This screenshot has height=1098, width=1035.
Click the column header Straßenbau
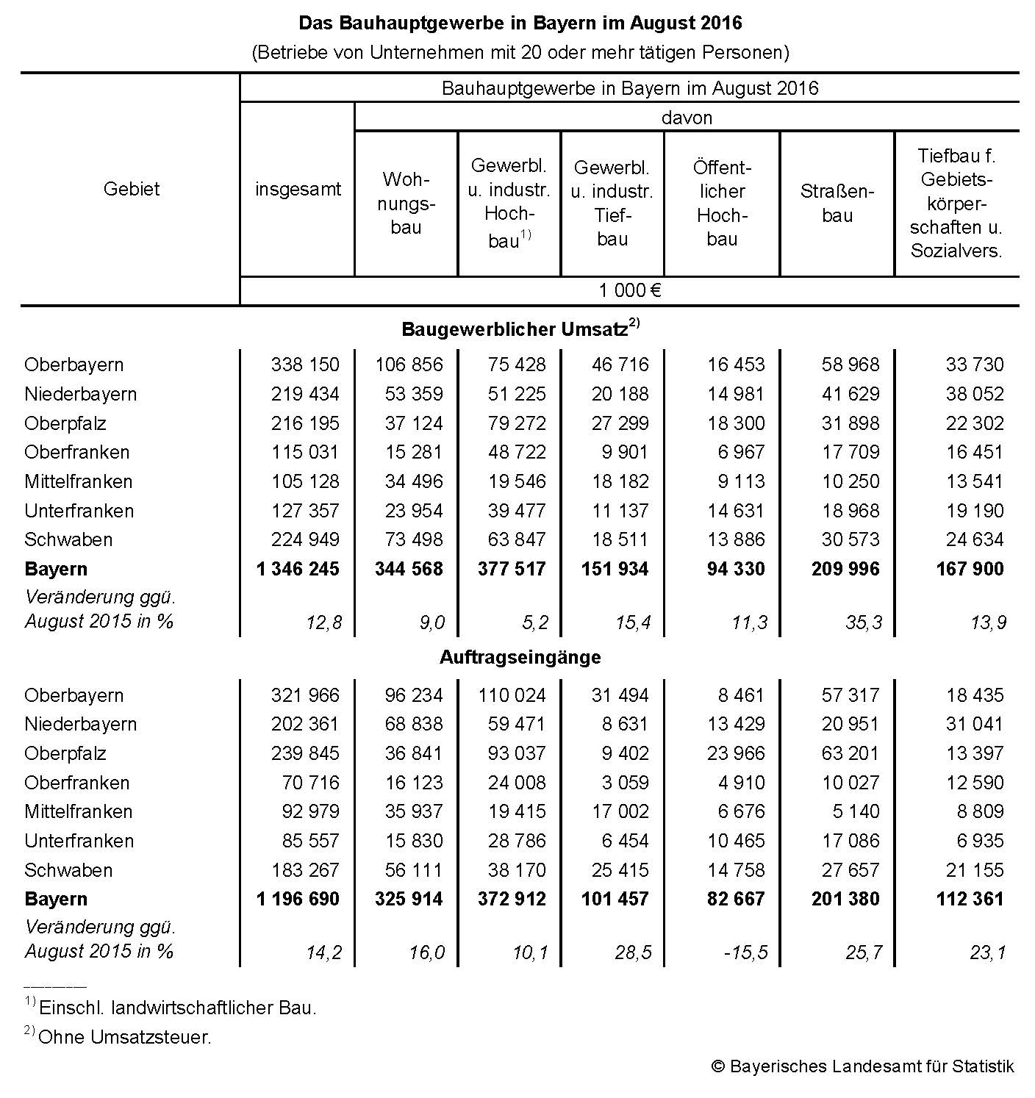tap(837, 204)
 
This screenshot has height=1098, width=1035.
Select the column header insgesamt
tap(298, 189)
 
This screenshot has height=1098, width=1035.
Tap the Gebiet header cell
tap(132, 189)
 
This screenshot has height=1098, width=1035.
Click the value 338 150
tap(305, 365)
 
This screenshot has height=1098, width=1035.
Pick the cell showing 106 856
tap(409, 365)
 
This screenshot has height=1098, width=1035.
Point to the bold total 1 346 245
tap(298, 569)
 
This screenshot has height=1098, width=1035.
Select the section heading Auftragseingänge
tap(520, 657)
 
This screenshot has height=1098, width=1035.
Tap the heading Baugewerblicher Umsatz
tap(515, 329)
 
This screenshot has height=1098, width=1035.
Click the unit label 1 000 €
tap(630, 290)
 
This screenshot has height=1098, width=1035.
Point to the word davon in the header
tap(687, 118)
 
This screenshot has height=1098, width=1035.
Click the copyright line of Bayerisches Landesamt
tap(862, 1066)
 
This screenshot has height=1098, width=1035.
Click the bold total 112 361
tap(970, 899)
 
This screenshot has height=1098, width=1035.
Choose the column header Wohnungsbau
tap(406, 204)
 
